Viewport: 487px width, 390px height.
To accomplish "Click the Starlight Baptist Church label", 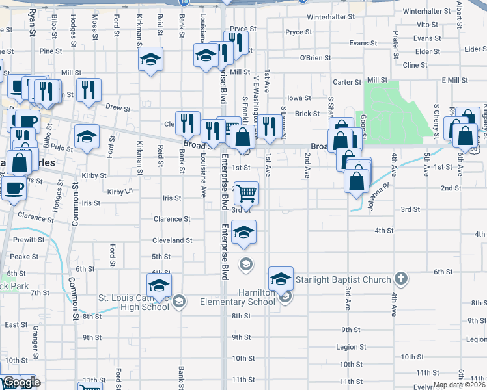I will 343,280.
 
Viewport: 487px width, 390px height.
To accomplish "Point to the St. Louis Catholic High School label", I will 133,303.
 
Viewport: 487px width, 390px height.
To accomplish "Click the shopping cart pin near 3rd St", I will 246,193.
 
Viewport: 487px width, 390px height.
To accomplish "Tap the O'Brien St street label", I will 315,58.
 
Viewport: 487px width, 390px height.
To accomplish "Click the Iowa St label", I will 299,98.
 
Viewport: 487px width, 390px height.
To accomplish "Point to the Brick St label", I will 307,114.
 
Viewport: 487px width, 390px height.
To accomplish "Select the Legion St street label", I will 351,348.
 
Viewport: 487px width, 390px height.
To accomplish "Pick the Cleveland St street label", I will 172,240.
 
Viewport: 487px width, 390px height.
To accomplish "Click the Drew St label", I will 118,108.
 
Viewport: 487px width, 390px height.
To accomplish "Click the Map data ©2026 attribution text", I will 459,385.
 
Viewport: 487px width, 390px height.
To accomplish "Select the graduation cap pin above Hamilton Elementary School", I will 280,278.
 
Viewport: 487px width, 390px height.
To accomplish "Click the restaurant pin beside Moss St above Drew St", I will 89,90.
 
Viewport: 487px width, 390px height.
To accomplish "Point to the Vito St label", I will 427,24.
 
